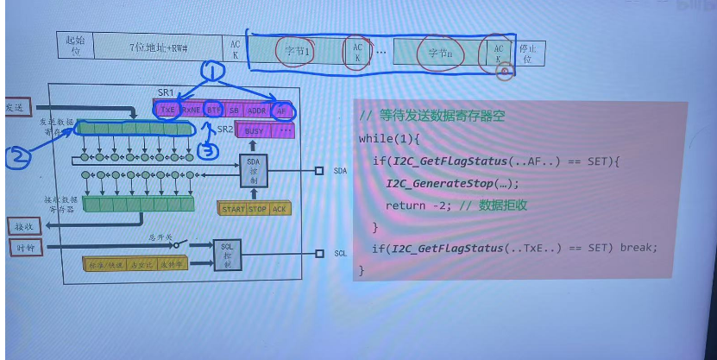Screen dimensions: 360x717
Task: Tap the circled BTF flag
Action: point(214,111)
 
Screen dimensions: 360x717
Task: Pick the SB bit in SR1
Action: point(234,111)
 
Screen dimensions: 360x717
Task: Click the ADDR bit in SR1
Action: point(256,111)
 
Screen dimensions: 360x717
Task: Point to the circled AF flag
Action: point(280,111)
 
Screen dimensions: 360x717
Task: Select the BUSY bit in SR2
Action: point(255,130)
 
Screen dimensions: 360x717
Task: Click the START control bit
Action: point(234,209)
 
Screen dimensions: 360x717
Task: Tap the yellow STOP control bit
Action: point(259,209)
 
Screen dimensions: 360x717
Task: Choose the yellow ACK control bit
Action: point(280,209)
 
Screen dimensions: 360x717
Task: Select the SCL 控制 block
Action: point(228,252)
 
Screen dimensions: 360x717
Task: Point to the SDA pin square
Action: point(318,171)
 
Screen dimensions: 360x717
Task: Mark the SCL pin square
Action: point(318,253)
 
